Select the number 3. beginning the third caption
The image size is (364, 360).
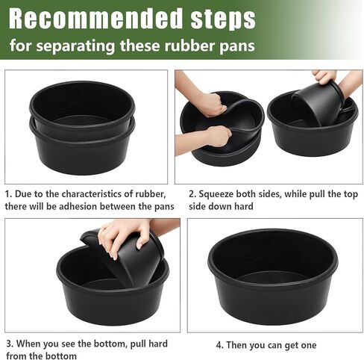tap(10, 343)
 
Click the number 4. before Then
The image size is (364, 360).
tap(220, 346)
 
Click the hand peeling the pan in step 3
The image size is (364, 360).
tap(123, 235)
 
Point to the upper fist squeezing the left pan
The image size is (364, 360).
tap(210, 103)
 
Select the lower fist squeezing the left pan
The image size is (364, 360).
tap(217, 136)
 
